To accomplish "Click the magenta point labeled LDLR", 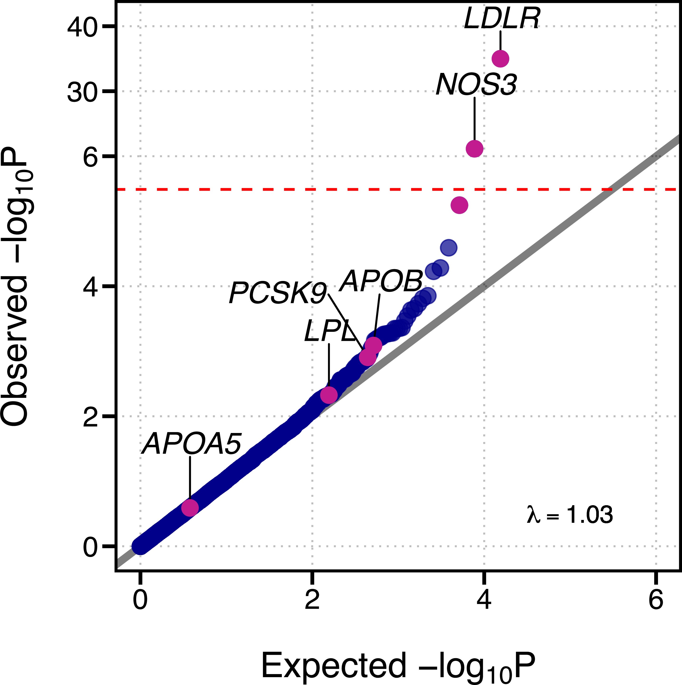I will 500,58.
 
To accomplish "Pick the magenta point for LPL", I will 329,395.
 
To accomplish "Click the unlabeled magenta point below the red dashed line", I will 459,205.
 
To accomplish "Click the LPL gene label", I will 329,331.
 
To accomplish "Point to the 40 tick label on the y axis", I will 82,27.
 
